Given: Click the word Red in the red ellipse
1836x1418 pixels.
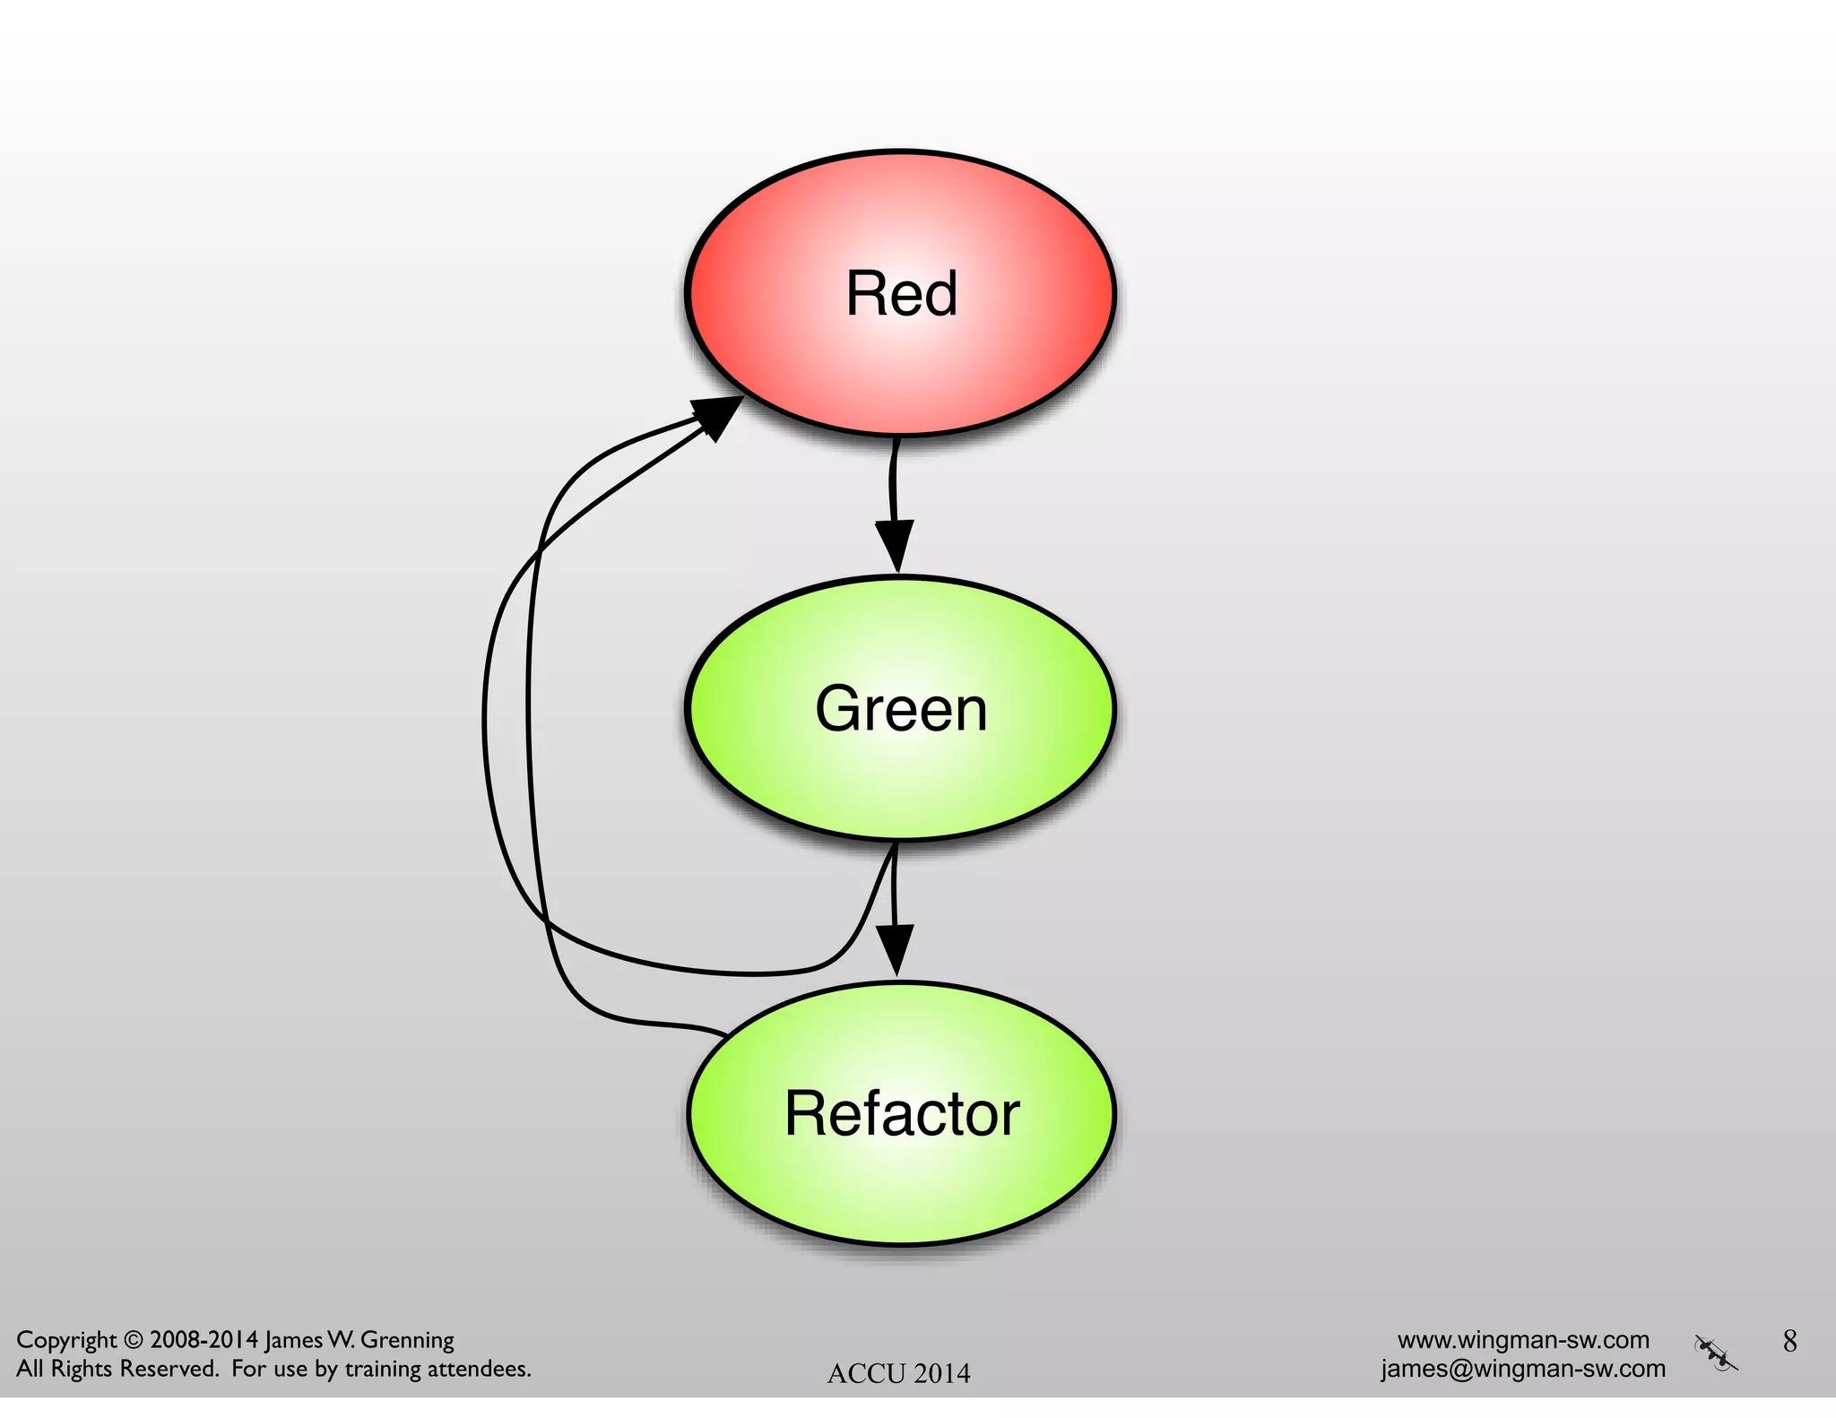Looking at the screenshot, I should click(901, 294).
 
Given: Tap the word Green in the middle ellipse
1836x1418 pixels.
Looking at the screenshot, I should click(901, 709).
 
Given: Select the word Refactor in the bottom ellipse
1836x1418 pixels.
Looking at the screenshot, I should click(902, 1114).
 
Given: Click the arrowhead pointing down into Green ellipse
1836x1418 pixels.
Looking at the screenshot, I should click(895, 543).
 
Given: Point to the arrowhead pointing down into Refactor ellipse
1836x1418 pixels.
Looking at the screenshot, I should click(895, 948).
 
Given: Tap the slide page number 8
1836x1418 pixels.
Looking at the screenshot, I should click(1789, 1341).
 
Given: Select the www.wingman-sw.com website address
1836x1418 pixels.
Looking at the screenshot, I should click(1523, 1340).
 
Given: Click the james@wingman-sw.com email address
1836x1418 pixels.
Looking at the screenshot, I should click(1523, 1369).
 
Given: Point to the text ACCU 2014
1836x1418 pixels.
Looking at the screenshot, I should click(898, 1373).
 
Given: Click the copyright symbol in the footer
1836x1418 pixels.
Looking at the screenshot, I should click(133, 1341).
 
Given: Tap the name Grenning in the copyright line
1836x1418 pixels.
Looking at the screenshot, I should click(407, 1341).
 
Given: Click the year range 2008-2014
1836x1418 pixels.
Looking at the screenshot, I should click(204, 1340).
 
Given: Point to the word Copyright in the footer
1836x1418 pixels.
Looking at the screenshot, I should click(66, 1341).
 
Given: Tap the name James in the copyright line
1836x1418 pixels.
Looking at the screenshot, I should click(292, 1341).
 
